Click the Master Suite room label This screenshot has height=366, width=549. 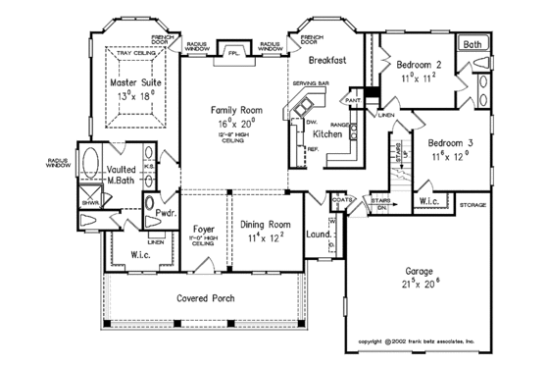click(135, 83)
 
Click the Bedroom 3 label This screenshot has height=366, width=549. click(451, 143)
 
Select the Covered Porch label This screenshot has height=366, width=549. click(205, 297)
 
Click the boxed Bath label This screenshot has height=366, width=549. click(473, 44)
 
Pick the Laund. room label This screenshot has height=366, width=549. click(317, 235)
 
